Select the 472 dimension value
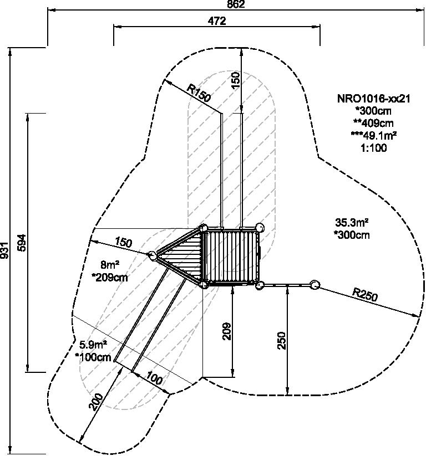click(x=217, y=21)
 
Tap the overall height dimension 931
click(x=6, y=250)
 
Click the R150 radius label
click(x=199, y=92)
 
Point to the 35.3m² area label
click(x=352, y=223)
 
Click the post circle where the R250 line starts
click(x=315, y=285)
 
